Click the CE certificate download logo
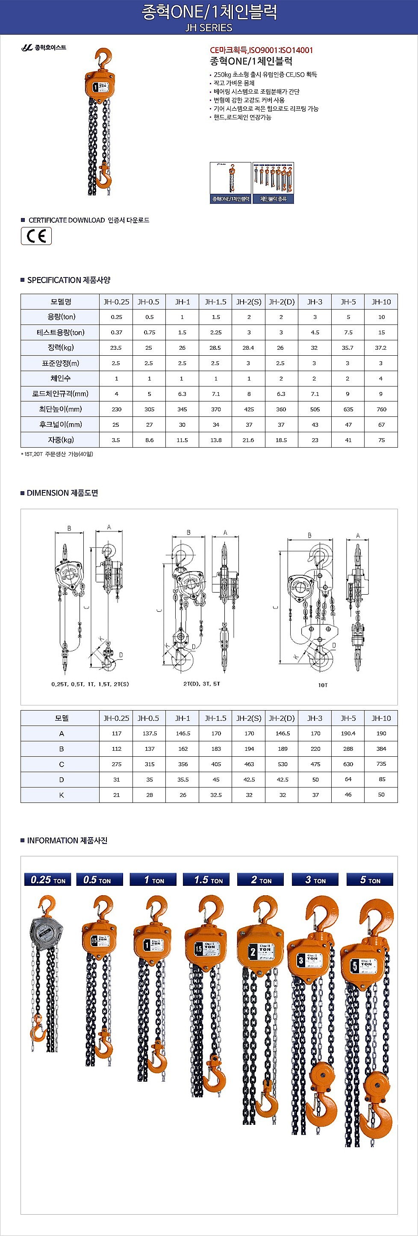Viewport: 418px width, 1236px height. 36,236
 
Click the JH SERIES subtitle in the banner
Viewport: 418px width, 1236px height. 209,28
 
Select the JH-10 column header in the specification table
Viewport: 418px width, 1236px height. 381,302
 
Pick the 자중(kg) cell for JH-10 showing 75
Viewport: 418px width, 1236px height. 381,440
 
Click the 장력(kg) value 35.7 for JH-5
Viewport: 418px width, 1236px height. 347,348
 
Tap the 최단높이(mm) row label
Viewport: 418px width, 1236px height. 60,409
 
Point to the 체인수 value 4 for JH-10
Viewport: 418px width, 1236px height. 381,378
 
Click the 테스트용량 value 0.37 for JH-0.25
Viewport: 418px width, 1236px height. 116,333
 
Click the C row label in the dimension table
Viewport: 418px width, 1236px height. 61,764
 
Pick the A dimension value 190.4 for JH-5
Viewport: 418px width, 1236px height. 348,734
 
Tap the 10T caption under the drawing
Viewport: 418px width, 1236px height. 323,684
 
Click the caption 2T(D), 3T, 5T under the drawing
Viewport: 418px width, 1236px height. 202,684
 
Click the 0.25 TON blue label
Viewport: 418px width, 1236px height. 47,879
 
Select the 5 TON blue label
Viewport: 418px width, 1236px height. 370,879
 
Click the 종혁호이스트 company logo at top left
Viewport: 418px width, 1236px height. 44,47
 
